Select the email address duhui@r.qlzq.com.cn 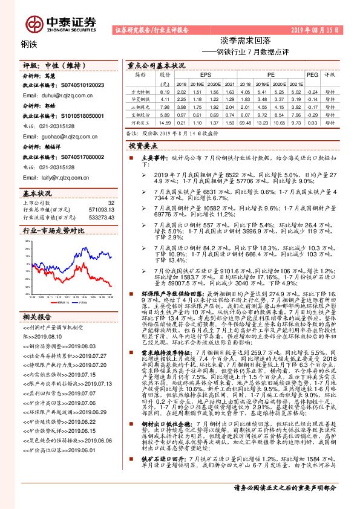click(x=58, y=96)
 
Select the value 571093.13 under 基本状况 click(x=101, y=209)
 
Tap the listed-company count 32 click(x=110, y=203)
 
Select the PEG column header click(x=312, y=75)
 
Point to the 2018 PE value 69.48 click(x=246, y=122)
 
